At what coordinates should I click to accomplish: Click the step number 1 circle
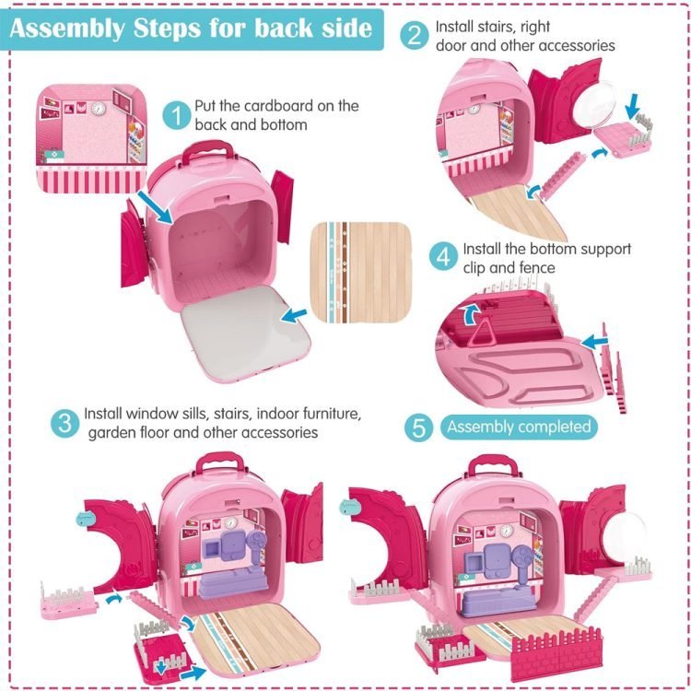pyautogui.click(x=177, y=115)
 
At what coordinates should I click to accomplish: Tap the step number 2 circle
pyautogui.click(x=415, y=35)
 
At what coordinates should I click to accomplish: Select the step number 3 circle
pyautogui.click(x=64, y=424)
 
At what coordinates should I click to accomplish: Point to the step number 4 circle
pyautogui.click(x=444, y=257)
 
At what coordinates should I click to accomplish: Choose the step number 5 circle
pyautogui.click(x=418, y=427)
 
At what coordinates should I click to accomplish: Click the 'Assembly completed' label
pyautogui.click(x=519, y=427)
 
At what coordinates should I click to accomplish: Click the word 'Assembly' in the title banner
pyautogui.click(x=67, y=29)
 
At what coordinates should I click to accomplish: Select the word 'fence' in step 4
pyautogui.click(x=537, y=267)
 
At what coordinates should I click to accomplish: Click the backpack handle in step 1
pyautogui.click(x=207, y=150)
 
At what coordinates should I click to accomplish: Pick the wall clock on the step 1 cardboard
pyautogui.click(x=99, y=108)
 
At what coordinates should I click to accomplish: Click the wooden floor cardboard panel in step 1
pyautogui.click(x=361, y=272)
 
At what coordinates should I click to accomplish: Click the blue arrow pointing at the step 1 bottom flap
pyautogui.click(x=294, y=315)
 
